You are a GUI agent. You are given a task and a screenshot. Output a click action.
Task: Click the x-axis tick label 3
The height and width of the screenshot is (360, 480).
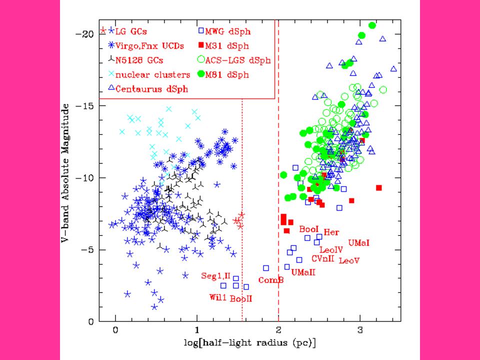(x=360, y=331)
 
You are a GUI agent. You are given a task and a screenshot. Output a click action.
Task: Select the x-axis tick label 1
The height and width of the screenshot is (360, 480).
(x=197, y=331)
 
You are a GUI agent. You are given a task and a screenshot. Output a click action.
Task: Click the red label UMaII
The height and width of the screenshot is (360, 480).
(x=303, y=272)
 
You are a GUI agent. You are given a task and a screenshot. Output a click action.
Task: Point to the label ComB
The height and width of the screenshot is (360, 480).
(x=271, y=280)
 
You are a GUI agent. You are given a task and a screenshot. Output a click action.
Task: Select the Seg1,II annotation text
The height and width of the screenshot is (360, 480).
(x=216, y=275)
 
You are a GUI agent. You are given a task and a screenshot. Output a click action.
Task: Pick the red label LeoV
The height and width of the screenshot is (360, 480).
(x=349, y=260)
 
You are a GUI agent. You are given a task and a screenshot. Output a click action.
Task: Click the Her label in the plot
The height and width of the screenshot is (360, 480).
(x=331, y=232)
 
